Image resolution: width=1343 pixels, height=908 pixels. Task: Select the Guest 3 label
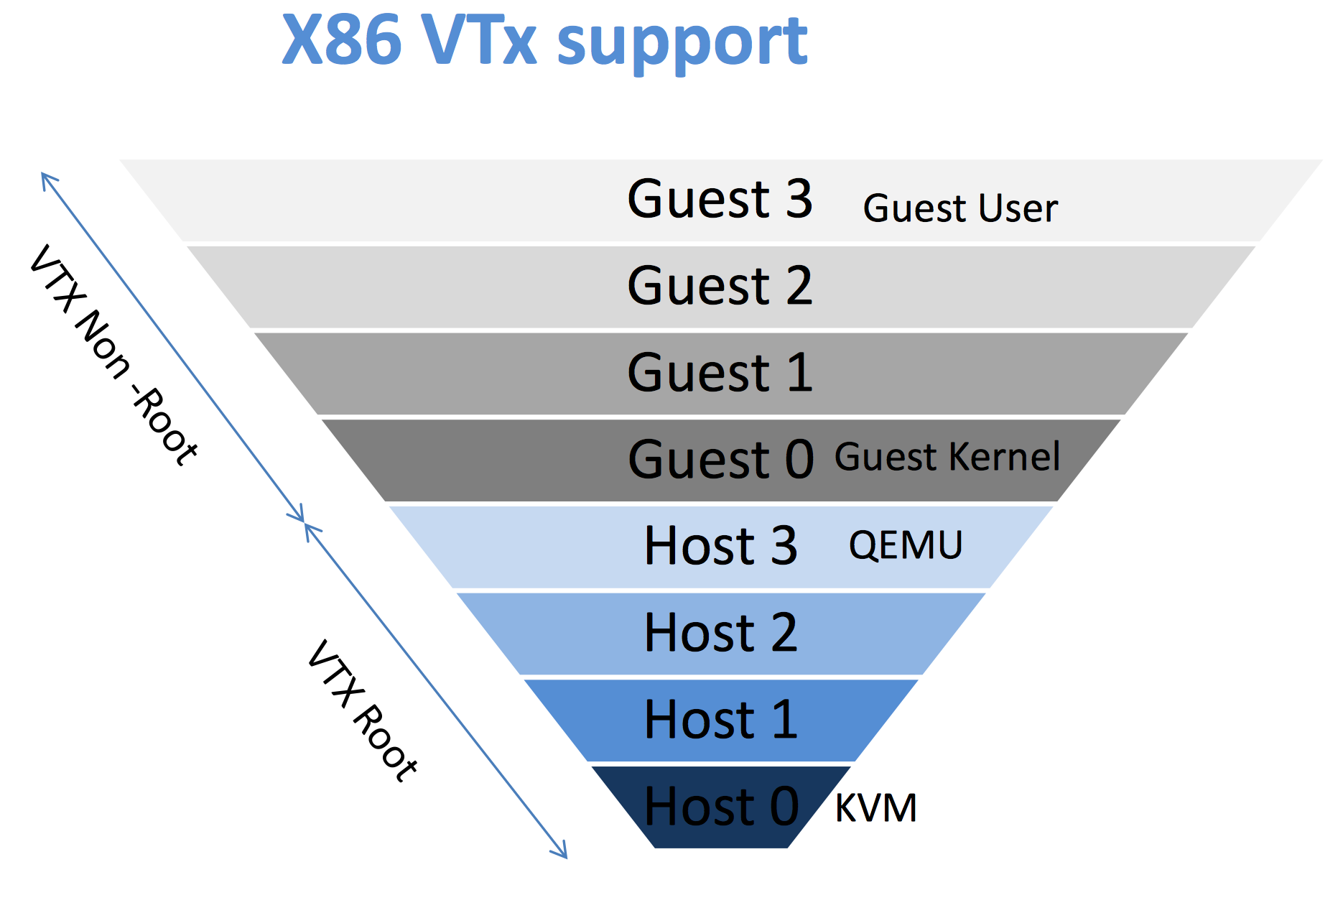[720, 199]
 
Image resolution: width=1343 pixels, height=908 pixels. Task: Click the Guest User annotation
[960, 209]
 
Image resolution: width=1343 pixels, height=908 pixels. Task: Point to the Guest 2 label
[720, 286]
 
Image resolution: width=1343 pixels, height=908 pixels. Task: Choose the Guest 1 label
[720, 373]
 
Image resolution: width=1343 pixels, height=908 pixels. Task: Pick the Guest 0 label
[720, 460]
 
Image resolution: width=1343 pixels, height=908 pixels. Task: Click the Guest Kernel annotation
[947, 458]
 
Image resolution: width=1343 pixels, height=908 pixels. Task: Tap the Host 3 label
[720, 546]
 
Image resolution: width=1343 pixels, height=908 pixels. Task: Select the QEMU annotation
[906, 545]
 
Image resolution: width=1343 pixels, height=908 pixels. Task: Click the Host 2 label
[720, 633]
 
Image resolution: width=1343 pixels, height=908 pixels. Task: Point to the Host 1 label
[720, 720]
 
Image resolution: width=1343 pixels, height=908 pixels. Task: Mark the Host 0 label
[721, 807]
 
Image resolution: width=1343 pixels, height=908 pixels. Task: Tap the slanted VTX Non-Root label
[113, 355]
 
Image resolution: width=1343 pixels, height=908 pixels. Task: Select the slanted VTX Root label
[363, 710]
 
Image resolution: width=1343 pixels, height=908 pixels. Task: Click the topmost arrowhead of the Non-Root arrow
[45, 176]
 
